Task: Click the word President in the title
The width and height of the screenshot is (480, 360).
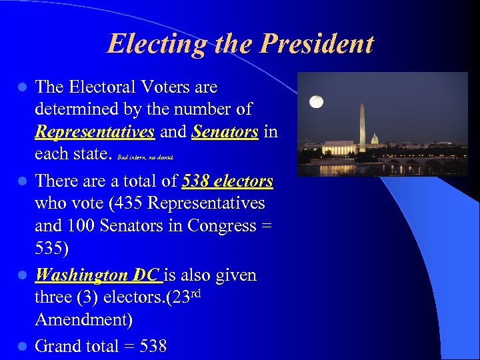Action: point(317,44)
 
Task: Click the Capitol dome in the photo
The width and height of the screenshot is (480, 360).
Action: point(374,140)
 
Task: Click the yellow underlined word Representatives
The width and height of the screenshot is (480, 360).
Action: point(95,131)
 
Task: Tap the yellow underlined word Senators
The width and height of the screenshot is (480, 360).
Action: point(225,131)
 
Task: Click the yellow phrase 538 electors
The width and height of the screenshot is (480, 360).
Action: point(227,181)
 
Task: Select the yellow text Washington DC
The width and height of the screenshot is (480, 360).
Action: point(97,275)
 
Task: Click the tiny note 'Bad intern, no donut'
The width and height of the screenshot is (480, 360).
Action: point(145,158)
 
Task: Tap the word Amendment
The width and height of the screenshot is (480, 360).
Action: point(83,319)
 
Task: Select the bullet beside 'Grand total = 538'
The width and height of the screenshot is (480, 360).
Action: point(22,346)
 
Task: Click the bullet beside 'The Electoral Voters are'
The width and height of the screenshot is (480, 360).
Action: point(22,87)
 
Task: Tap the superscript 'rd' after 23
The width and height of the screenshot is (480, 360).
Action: point(194,292)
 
